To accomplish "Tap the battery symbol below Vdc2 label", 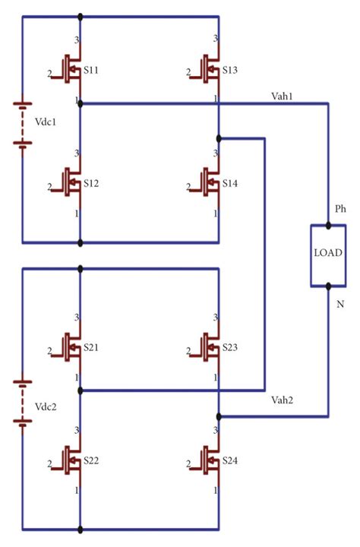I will pos(23,431).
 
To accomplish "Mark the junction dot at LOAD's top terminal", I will pos(328,226).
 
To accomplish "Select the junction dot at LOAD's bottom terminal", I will pos(328,286).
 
